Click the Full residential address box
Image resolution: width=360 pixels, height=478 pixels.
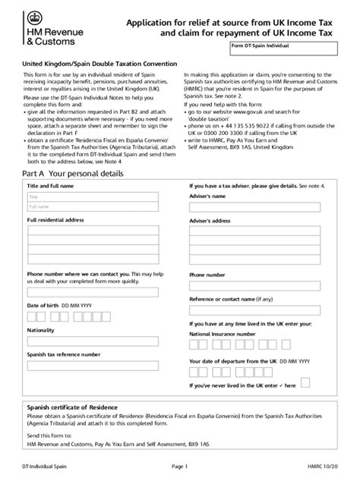click(x=93, y=244)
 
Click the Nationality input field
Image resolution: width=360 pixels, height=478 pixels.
click(x=93, y=341)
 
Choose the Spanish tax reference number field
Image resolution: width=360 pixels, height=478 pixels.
click(x=93, y=365)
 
